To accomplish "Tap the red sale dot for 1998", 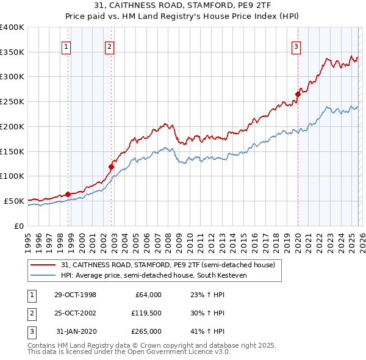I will pos(68,194).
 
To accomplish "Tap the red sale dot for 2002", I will pos(112,167).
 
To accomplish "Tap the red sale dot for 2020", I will pos(298,94).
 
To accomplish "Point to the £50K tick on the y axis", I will pos(14,201).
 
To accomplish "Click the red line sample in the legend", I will pos(43,265).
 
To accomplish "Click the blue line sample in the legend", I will pos(43,275).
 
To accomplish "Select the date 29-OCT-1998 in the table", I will pos(75,295).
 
